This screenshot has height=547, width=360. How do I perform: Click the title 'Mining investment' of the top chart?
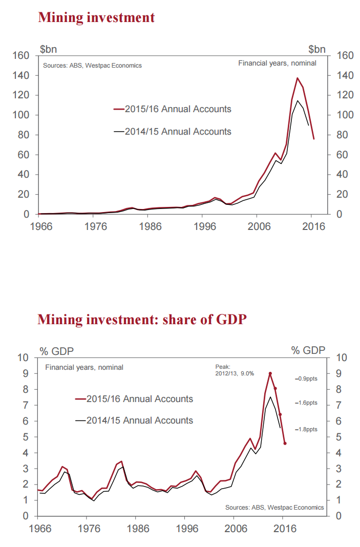(x=96, y=18)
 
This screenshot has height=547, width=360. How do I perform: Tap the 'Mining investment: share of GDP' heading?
(x=142, y=320)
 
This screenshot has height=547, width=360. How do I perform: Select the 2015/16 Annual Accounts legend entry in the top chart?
(x=172, y=109)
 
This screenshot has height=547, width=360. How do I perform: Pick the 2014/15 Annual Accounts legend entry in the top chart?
(x=172, y=132)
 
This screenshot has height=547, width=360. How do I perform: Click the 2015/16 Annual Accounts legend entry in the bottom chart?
(x=134, y=399)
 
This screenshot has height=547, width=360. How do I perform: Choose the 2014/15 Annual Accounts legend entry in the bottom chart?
(x=134, y=420)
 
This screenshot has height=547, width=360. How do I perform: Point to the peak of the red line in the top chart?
(x=298, y=78)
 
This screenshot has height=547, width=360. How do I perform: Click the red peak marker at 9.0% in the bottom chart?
(x=270, y=373)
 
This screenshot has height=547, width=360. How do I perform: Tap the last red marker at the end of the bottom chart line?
(x=285, y=444)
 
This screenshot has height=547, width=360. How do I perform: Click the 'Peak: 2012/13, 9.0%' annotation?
(x=234, y=370)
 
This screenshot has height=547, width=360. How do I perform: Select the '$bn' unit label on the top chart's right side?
(x=316, y=49)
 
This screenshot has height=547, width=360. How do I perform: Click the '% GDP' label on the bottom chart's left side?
(x=56, y=351)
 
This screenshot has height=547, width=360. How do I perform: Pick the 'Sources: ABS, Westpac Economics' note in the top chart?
(x=92, y=66)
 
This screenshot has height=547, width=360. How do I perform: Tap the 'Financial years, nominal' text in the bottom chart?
(x=84, y=367)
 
